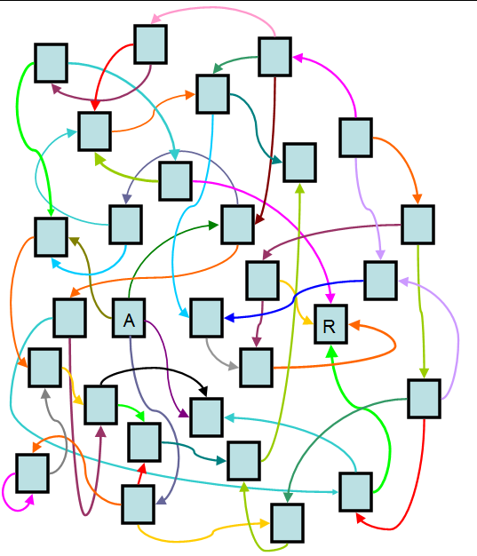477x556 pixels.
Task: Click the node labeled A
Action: click(129, 318)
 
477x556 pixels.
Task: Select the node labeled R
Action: click(330, 324)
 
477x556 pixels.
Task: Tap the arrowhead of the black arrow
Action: click(203, 392)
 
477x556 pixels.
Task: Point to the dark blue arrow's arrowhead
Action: click(229, 318)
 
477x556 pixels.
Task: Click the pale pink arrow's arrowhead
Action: click(155, 18)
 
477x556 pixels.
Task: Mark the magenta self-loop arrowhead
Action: click(30, 499)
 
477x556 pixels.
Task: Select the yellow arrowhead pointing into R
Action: click(308, 322)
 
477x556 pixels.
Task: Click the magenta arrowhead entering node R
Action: click(330, 298)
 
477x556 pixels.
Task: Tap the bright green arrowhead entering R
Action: click(331, 351)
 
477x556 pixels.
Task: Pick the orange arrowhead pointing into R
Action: click(354, 325)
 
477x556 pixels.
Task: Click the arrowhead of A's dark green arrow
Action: click(214, 226)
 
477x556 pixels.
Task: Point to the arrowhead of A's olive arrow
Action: click(74, 242)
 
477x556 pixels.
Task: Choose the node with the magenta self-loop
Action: click(32, 473)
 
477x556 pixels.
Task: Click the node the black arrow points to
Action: click(206, 417)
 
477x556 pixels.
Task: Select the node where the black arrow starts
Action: click(100, 405)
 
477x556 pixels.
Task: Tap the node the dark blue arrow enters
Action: click(206, 318)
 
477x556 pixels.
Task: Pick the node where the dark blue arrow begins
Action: click(380, 281)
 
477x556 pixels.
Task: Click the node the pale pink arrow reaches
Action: click(150, 44)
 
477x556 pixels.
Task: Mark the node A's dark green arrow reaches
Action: click(237, 225)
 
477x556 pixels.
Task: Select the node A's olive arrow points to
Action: click(51, 237)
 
